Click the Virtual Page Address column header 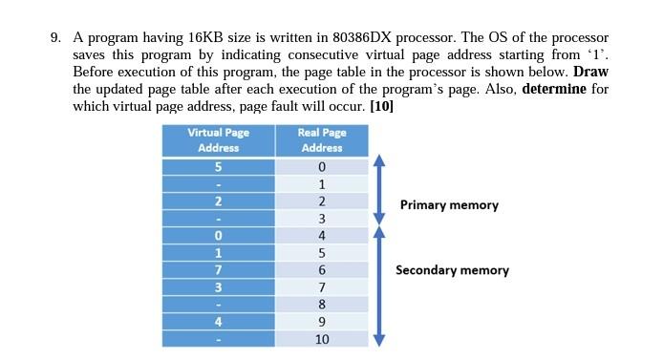[218, 139]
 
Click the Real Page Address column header [322, 139]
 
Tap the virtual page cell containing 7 [218, 270]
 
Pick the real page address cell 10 [322, 339]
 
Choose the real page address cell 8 [322, 305]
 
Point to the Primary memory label [449, 204]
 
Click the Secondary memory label [452, 270]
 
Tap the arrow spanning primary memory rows [379, 191]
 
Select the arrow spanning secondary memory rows [379, 285]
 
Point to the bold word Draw [590, 73]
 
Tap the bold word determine [553, 90]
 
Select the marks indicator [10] [381, 107]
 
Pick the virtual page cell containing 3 [218, 287]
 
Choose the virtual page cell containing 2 [218, 201]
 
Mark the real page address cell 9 [322, 322]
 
